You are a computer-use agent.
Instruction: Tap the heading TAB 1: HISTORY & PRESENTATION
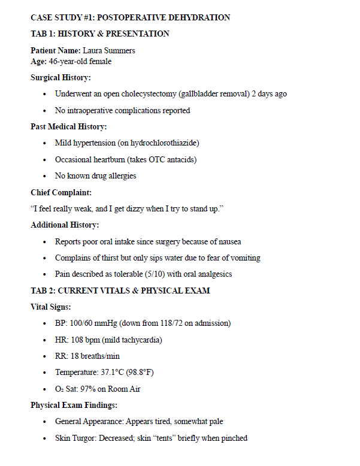click(x=100, y=34)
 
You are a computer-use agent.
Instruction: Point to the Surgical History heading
click(x=61, y=78)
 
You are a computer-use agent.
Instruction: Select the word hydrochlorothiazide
click(x=164, y=143)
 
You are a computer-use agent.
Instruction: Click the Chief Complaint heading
click(x=61, y=192)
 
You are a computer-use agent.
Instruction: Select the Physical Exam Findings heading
click(x=74, y=405)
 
